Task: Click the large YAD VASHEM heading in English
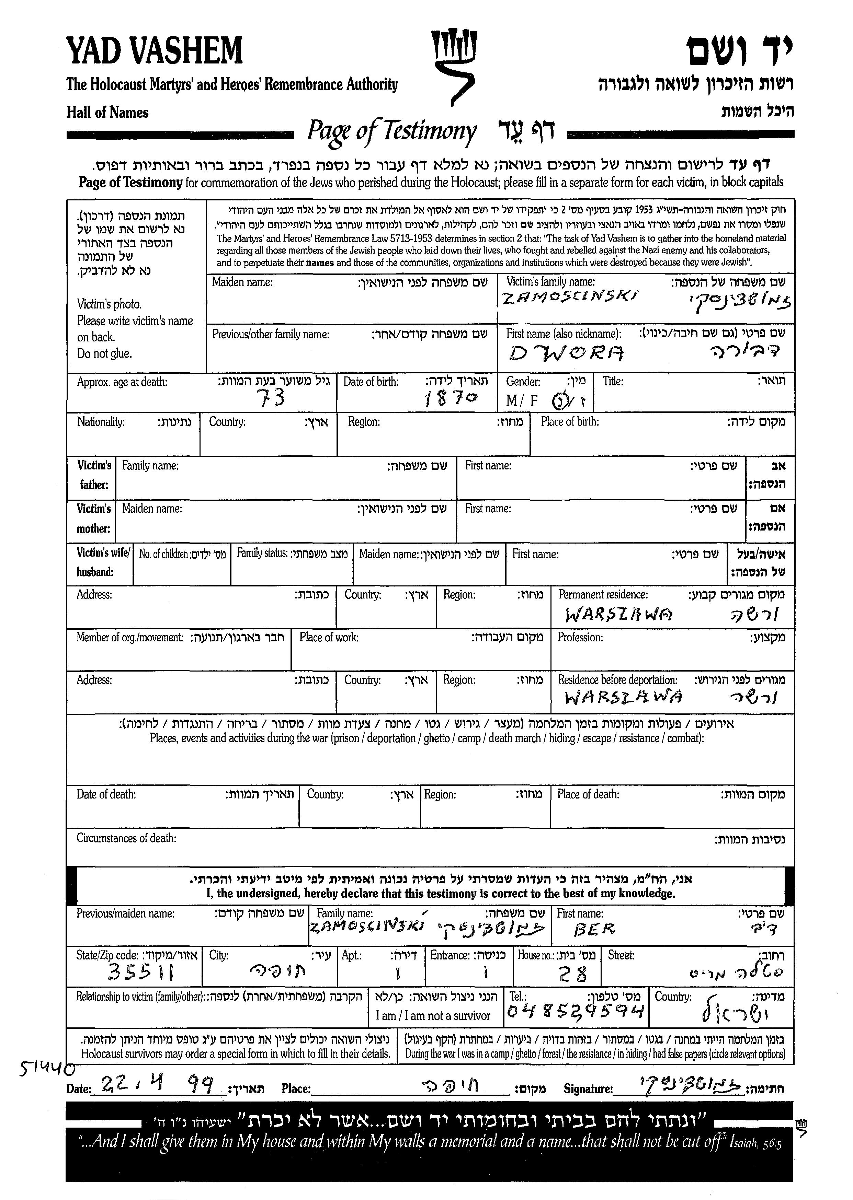(x=155, y=51)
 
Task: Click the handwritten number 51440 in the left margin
(x=46, y=1066)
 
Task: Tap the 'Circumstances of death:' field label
(x=126, y=838)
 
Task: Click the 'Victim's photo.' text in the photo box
(x=109, y=304)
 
